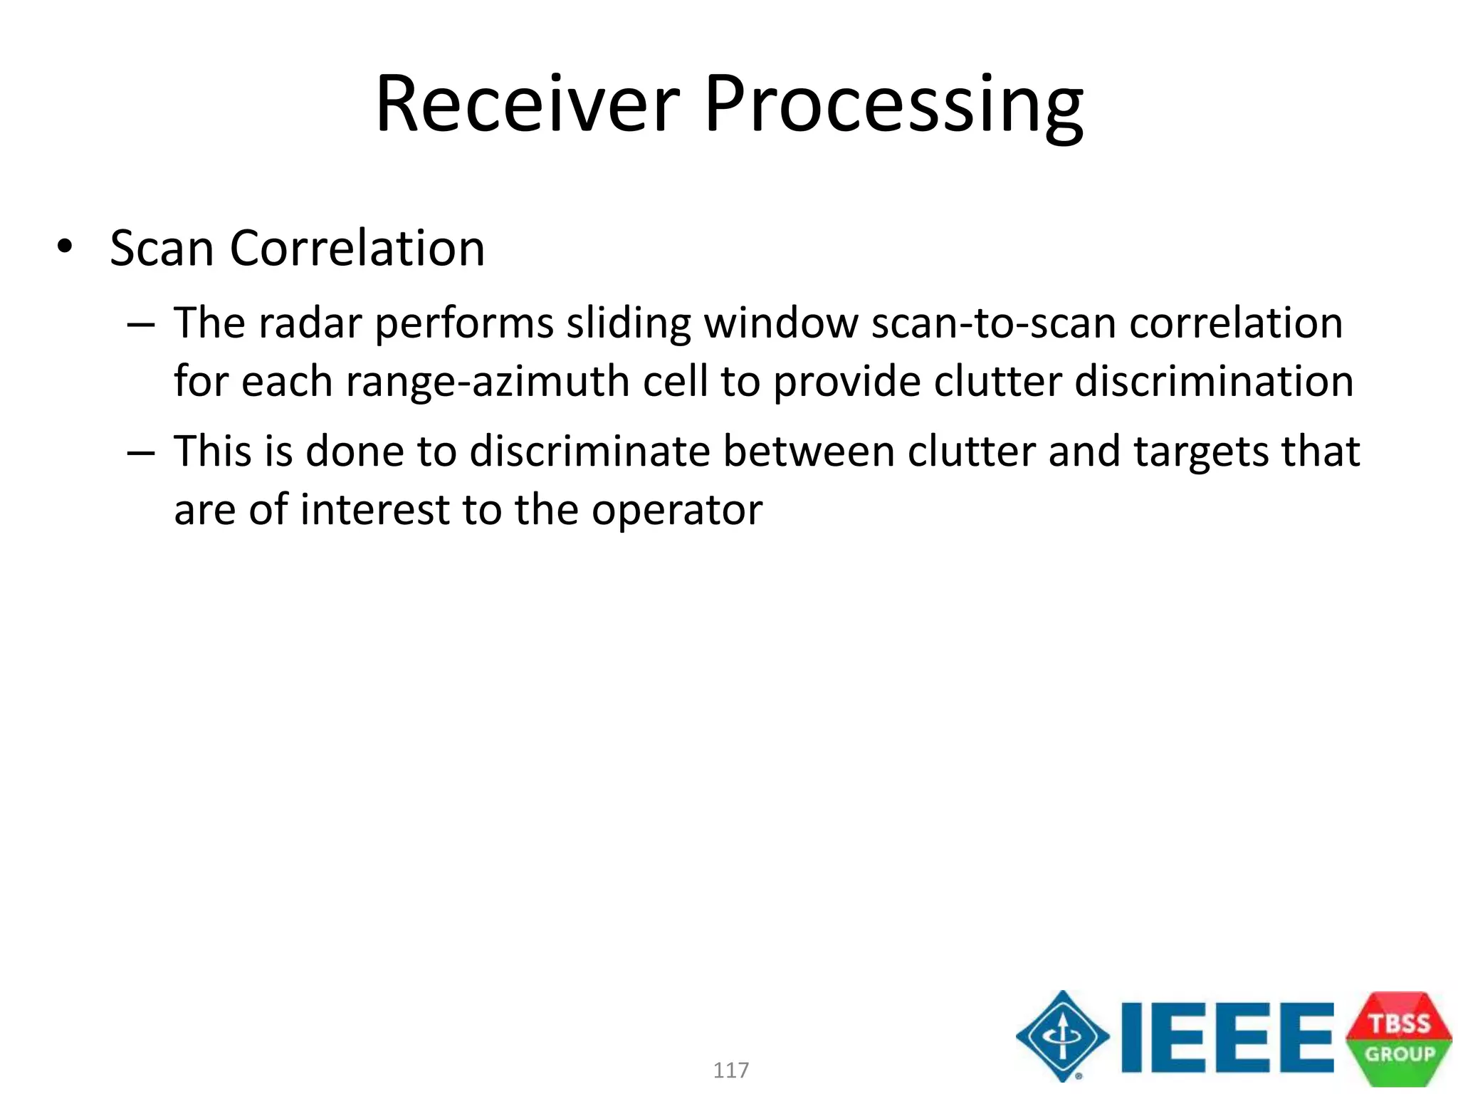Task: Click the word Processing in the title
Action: click(x=893, y=107)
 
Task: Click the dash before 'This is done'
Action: click(x=141, y=453)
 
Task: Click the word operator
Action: click(x=677, y=511)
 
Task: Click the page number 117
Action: click(x=730, y=1070)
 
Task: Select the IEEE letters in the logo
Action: click(x=1226, y=1037)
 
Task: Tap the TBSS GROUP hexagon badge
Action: click(x=1398, y=1038)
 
